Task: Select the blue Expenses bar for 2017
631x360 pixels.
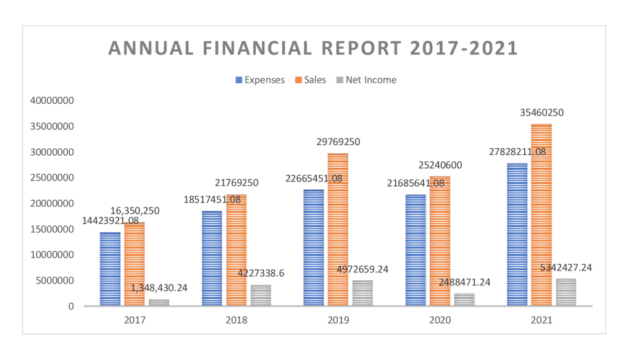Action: click(111, 269)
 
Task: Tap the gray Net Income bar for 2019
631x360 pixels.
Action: click(362, 293)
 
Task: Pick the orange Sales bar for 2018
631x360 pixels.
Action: click(236, 250)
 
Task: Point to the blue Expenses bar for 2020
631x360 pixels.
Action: click(416, 250)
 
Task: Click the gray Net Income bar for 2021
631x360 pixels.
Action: click(566, 292)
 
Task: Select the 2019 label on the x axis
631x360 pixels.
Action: click(338, 320)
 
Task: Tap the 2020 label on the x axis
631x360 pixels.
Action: click(440, 320)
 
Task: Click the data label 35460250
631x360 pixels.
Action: click(540, 112)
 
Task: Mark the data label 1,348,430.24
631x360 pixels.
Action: click(159, 288)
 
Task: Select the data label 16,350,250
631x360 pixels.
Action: click(131, 211)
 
